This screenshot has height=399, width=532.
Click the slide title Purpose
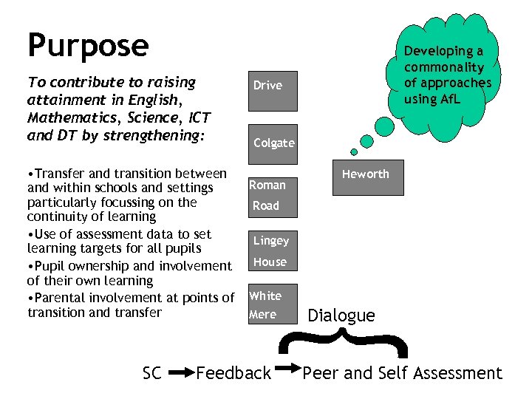(x=88, y=45)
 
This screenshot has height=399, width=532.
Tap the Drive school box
(x=267, y=86)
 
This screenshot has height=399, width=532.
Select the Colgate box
(x=273, y=143)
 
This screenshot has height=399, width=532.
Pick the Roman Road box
(x=272, y=196)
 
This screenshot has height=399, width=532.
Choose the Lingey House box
(x=272, y=251)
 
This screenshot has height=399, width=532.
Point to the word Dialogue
(x=341, y=316)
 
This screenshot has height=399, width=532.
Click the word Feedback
(x=233, y=374)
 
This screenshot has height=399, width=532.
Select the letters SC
(x=151, y=374)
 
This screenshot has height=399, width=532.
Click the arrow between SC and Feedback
(x=179, y=374)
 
